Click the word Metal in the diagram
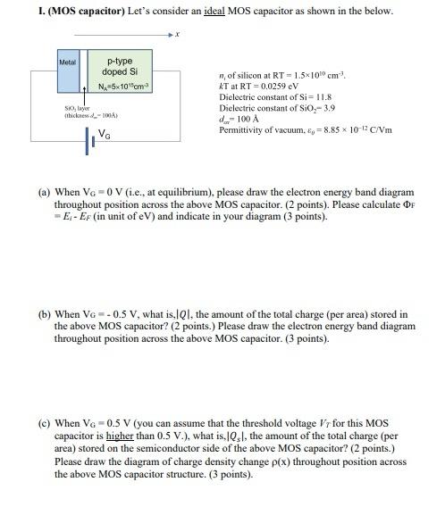click(x=67, y=62)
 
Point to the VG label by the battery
click(x=105, y=136)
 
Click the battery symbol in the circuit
click(x=90, y=137)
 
